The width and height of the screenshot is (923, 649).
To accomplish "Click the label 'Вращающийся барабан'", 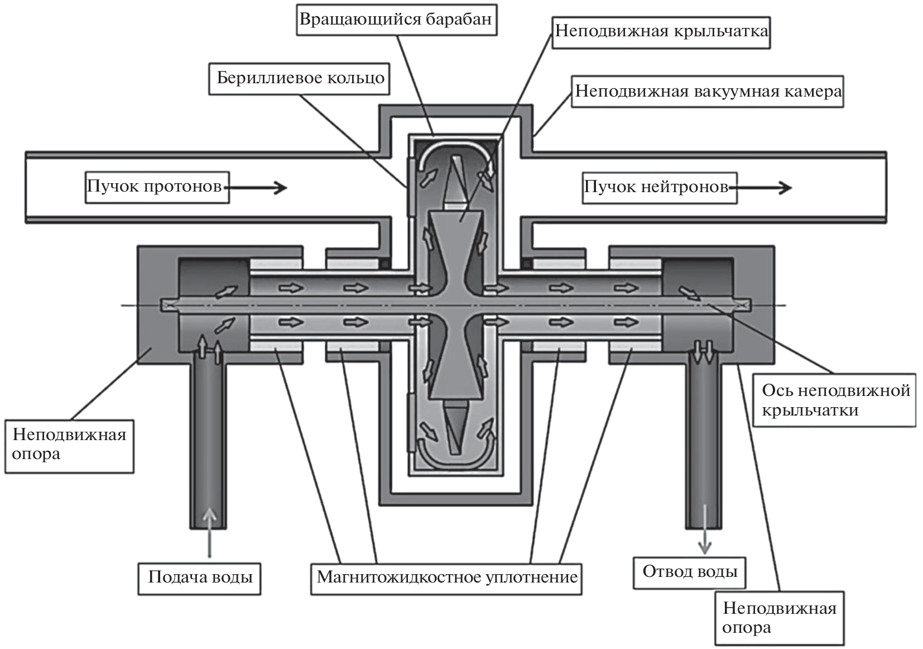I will [x=396, y=20].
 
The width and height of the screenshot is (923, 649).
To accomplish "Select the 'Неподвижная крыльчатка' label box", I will [x=661, y=31].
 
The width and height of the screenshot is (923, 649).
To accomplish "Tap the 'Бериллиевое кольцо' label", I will [x=300, y=78].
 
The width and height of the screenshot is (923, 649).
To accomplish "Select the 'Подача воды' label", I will [x=200, y=578].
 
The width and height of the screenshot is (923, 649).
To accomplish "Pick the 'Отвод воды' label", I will [x=690, y=572].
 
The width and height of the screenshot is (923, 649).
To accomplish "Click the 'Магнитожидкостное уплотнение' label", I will [x=446, y=578].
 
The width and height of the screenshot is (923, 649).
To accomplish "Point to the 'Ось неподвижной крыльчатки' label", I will [x=835, y=400].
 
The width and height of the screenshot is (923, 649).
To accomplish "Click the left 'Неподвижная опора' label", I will [x=69, y=445].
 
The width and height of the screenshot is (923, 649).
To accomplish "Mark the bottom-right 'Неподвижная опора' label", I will [x=780, y=618].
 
